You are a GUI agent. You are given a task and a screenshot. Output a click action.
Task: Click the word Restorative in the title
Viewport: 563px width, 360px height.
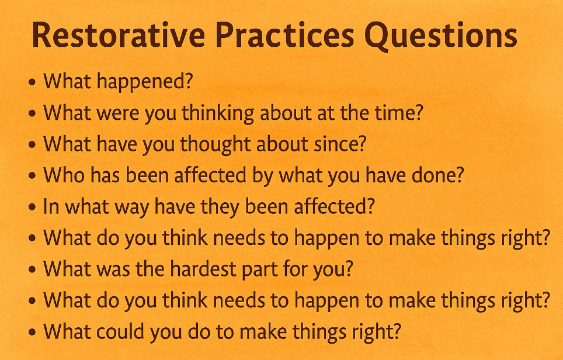(119, 35)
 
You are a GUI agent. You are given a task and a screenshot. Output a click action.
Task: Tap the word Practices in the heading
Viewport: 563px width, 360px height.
(285, 35)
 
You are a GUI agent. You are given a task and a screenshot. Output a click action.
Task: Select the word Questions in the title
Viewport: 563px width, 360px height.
(441, 36)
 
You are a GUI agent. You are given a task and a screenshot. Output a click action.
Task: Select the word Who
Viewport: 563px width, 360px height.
(64, 176)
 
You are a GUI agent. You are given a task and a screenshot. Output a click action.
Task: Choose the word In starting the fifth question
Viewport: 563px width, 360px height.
(51, 207)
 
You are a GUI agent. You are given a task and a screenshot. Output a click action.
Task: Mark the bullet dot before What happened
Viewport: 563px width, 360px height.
(32, 82)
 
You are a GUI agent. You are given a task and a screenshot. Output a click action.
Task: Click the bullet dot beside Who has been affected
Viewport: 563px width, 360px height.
(32, 176)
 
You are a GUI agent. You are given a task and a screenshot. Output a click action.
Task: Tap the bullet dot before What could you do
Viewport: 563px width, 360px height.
(32, 332)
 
